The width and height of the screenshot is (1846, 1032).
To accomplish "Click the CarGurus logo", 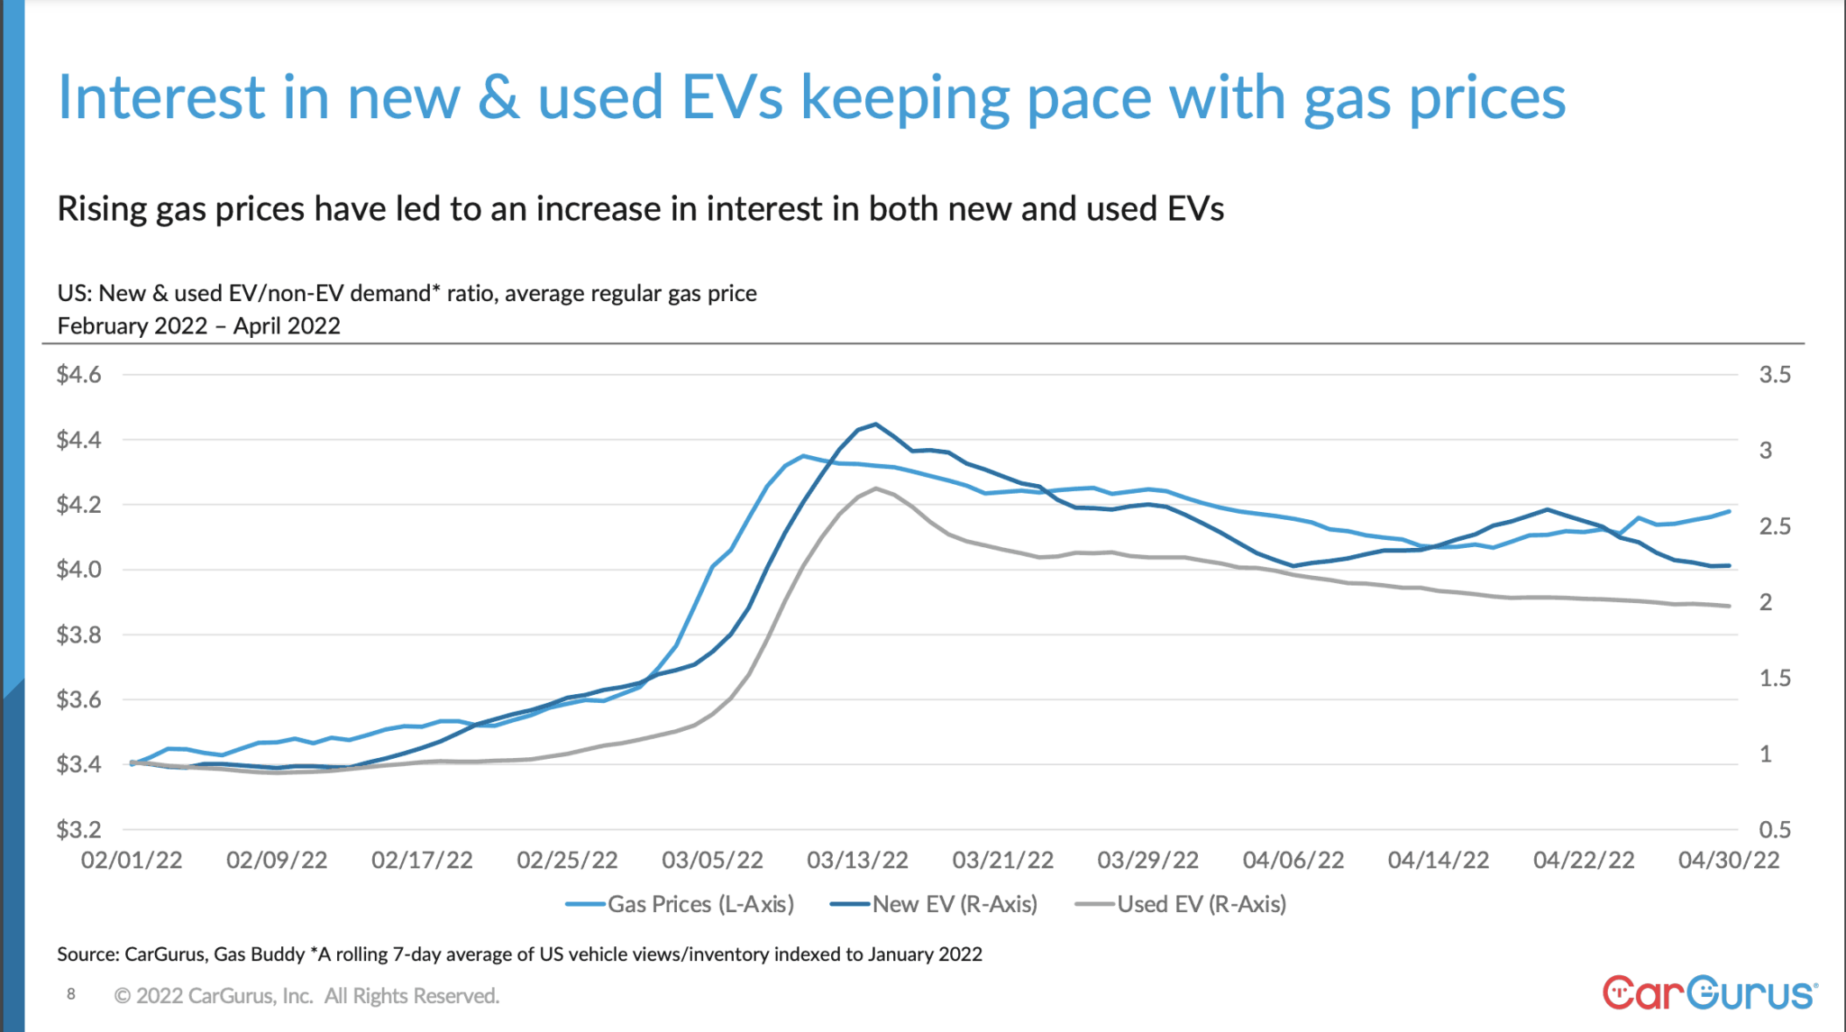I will [x=1709, y=992].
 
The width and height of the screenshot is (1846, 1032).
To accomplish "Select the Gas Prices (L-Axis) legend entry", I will [x=681, y=904].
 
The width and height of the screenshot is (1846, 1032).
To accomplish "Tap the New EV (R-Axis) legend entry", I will [x=935, y=904].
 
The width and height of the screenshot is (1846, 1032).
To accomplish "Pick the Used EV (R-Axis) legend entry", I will [x=1182, y=904].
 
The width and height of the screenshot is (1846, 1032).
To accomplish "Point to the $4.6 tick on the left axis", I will [x=79, y=375].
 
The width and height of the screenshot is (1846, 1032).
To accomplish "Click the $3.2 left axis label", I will [x=79, y=829].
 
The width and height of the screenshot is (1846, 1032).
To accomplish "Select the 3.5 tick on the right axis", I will [x=1774, y=375].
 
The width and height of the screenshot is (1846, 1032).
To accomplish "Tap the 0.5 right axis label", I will [x=1774, y=829].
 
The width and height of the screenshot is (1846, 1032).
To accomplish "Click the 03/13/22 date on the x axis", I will [x=857, y=861].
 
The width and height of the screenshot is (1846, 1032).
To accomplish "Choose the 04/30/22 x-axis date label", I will [x=1728, y=861].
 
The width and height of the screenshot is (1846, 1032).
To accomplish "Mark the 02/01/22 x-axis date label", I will [x=132, y=861].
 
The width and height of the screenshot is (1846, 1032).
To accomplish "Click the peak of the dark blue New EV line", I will [x=875, y=424].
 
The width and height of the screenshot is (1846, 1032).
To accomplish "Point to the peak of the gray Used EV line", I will [x=875, y=489].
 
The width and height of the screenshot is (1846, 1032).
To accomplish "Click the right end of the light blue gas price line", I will [x=1728, y=511].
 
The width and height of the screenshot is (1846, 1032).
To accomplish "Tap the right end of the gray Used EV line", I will [x=1728, y=606].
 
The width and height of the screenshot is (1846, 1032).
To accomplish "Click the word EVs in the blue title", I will [x=732, y=97].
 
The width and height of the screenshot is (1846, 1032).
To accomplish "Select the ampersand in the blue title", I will [x=498, y=97].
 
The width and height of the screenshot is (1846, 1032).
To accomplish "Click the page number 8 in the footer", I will [x=71, y=994].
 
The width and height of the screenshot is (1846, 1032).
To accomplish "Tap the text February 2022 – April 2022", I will [x=199, y=325].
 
